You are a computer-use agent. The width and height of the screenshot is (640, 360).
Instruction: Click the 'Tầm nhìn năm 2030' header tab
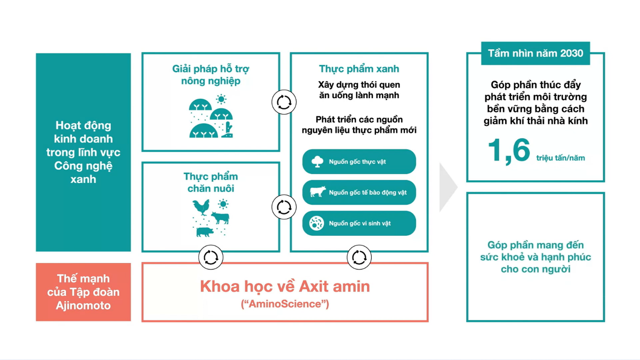point(535,53)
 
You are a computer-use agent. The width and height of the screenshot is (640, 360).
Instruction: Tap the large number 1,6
point(508,151)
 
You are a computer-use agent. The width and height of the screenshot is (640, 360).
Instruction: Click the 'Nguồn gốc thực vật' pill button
point(359,162)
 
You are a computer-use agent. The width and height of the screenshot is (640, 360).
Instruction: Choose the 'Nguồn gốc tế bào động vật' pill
point(359,193)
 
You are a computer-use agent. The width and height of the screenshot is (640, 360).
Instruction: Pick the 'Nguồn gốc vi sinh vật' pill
point(359,223)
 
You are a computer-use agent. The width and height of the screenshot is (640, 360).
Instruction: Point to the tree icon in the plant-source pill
point(317,162)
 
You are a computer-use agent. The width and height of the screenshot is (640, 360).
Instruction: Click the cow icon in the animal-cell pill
point(317,192)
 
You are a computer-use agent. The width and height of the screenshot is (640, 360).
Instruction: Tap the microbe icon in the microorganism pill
point(317,223)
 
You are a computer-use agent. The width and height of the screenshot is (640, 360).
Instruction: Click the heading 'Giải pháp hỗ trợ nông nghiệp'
point(211,75)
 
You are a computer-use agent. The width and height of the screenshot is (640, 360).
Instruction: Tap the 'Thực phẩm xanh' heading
point(359,69)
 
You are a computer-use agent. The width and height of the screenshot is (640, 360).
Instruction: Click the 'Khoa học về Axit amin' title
point(285,286)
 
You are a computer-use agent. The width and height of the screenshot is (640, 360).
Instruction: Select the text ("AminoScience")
point(285,305)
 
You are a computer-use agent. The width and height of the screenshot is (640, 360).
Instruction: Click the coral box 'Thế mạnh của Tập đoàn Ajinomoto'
point(83,292)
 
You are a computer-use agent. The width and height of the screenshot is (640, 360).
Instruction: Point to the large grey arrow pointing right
point(448,187)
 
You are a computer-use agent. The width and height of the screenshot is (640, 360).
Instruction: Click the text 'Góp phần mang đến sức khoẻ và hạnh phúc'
point(535,257)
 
